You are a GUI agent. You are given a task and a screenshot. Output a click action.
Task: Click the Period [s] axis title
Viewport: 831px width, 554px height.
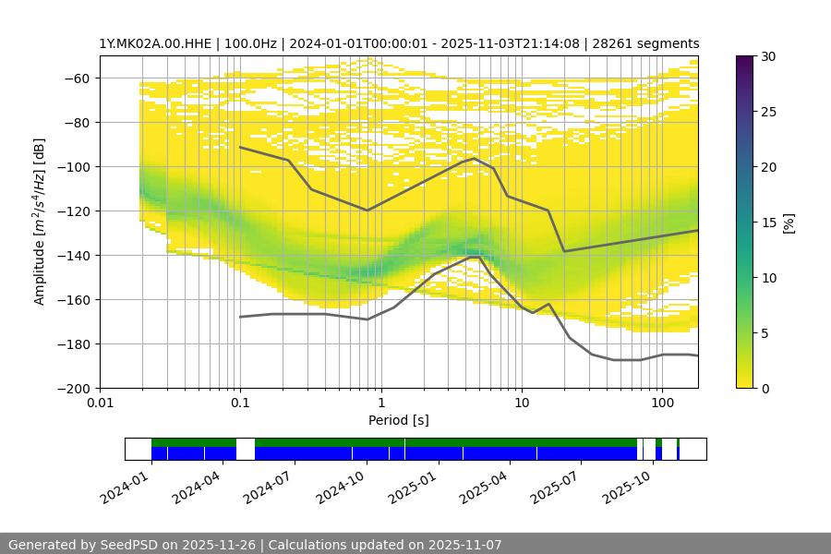pos(399,421)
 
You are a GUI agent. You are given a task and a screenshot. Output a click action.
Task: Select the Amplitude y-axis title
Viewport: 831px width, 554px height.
pos(39,222)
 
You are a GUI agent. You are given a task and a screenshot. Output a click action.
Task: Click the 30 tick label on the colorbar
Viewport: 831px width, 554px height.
pos(768,56)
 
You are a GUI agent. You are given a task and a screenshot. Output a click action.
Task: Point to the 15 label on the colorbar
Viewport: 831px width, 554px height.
pos(768,223)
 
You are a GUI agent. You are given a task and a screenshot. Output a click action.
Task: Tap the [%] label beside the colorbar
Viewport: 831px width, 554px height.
pos(789,223)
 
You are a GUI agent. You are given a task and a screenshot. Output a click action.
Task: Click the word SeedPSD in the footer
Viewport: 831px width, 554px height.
pos(131,545)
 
